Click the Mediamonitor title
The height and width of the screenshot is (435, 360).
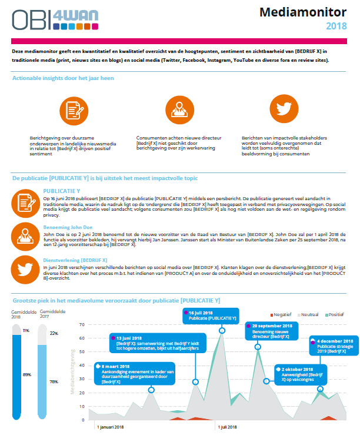click(310, 12)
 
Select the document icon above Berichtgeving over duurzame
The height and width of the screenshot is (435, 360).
click(73, 109)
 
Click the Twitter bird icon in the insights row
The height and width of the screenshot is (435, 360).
click(284, 109)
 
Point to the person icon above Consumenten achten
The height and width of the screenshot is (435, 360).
click(178, 109)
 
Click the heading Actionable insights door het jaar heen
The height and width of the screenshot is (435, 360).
click(63, 78)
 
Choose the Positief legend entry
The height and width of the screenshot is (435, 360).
click(335, 315)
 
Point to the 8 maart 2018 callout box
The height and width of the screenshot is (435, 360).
click(136, 374)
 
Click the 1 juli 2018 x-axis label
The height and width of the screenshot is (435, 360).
click(229, 426)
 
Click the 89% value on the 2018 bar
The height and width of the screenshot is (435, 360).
click(26, 374)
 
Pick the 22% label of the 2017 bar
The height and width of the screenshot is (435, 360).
click(54, 333)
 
